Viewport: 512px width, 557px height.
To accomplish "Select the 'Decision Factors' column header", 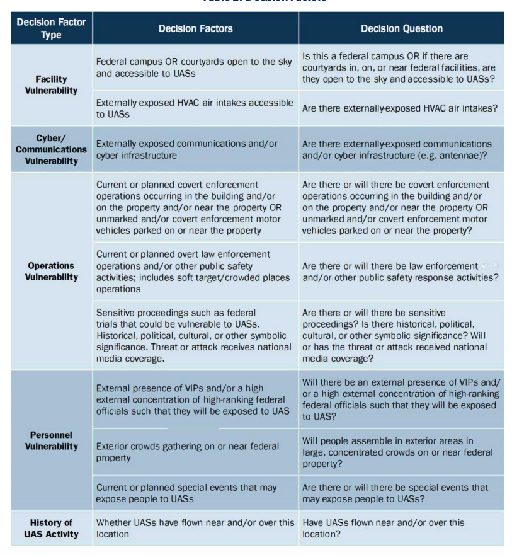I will [195, 28].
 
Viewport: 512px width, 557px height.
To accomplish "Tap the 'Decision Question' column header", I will [401, 28].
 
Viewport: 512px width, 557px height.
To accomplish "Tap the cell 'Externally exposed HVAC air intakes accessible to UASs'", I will [195, 108].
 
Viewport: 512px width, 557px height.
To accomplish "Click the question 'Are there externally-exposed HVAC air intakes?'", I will [400, 108].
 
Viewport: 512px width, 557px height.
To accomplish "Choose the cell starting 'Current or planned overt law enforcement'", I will [193, 272].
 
